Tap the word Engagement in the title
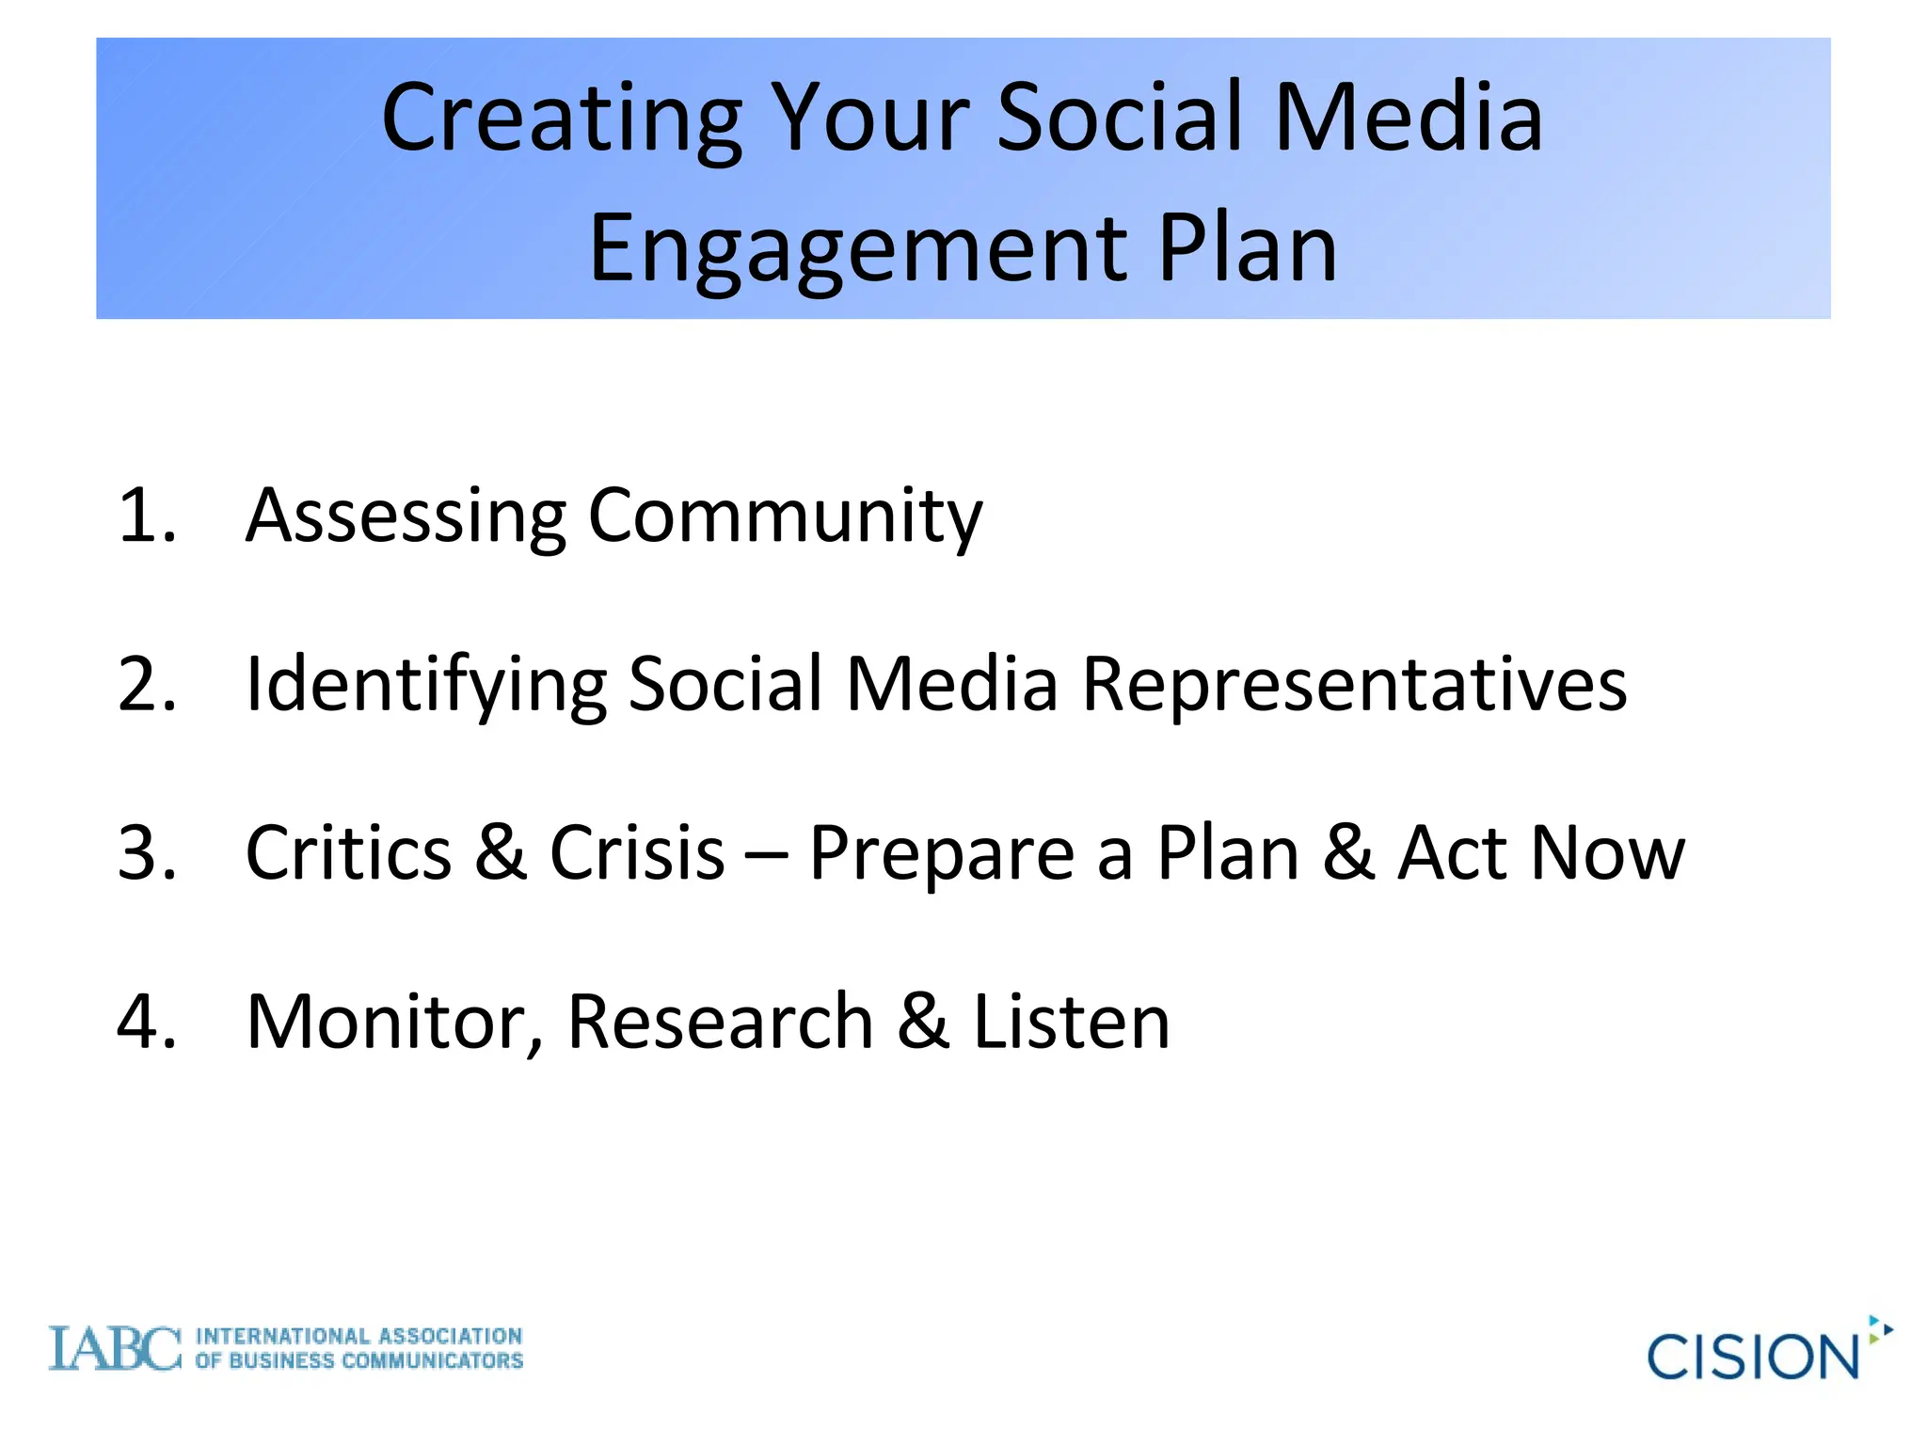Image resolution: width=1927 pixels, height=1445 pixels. click(857, 249)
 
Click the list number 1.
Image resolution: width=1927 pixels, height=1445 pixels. click(146, 516)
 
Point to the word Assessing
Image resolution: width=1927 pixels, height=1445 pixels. click(406, 517)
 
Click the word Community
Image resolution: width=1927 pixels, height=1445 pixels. click(785, 517)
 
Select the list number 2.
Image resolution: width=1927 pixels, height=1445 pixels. click(146, 684)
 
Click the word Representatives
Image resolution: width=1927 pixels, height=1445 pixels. click(1354, 684)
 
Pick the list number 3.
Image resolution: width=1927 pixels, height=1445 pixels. click(146, 852)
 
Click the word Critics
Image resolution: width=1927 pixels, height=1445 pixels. click(348, 852)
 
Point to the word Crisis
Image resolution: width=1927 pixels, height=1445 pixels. click(637, 852)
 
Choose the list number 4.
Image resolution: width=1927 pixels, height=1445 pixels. click(146, 1022)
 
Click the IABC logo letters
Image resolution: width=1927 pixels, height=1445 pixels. click(115, 1349)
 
